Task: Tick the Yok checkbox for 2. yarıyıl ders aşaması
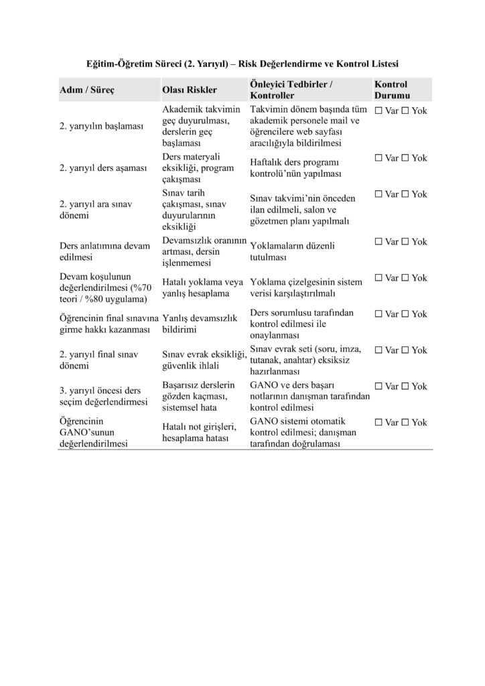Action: (406, 158)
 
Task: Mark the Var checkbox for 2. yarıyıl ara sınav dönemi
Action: (379, 194)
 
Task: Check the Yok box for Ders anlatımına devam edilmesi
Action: (406, 242)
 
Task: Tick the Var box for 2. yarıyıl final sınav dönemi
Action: (379, 350)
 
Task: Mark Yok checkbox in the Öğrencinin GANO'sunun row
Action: (406, 423)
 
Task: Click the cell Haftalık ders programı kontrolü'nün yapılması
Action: (295, 168)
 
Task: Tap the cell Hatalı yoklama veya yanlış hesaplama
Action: (202, 288)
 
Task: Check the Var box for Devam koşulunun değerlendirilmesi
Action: (379, 278)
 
